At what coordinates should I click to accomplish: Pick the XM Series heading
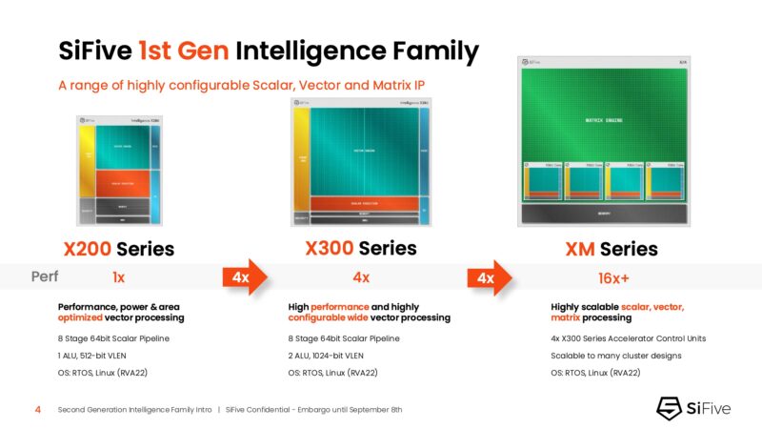[611, 250]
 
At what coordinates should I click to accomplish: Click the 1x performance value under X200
[118, 277]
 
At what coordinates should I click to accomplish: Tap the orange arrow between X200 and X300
[245, 277]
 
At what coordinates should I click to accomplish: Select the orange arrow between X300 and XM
[489, 277]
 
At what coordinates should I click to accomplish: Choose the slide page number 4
[37, 409]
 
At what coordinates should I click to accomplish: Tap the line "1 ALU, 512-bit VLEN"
[98, 355]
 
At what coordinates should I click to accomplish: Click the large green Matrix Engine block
[606, 119]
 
